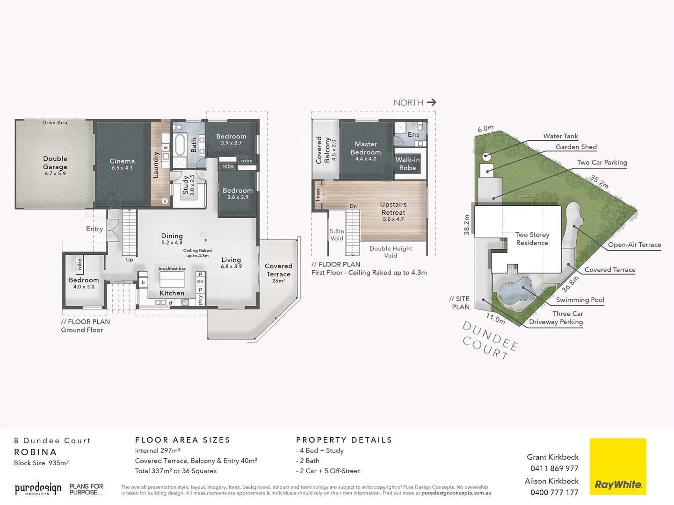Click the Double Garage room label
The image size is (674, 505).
tap(55, 163)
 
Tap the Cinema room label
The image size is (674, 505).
tap(122, 161)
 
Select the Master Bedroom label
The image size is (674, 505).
tap(366, 148)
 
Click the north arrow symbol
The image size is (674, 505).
tap(431, 102)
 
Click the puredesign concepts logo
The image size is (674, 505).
tap(38, 489)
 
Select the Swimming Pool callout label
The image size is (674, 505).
tap(580, 300)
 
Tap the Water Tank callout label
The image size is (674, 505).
tap(560, 136)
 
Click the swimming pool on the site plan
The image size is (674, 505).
tap(516, 291)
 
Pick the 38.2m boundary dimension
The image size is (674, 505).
tap(466, 225)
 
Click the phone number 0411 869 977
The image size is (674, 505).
tap(554, 469)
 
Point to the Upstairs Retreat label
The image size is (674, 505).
tap(393, 209)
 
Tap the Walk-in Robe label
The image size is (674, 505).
tap(407, 164)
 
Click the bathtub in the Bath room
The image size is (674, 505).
tap(180, 144)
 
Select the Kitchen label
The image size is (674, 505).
tap(172, 293)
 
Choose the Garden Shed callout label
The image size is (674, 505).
tap(576, 147)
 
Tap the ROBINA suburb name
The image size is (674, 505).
tap(36, 452)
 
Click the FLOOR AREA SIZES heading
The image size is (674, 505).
tap(183, 440)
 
